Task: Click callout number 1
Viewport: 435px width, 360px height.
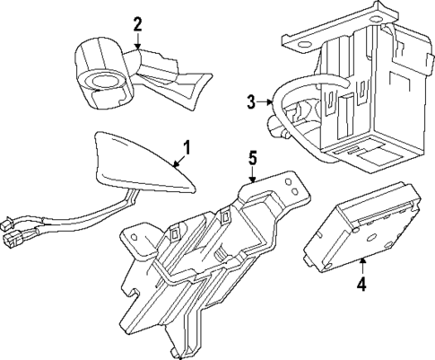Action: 187,145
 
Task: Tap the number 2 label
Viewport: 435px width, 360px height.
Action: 137,22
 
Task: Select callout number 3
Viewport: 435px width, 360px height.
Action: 252,103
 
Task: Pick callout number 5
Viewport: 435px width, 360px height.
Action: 252,159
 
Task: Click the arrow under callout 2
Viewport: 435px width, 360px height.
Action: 137,40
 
